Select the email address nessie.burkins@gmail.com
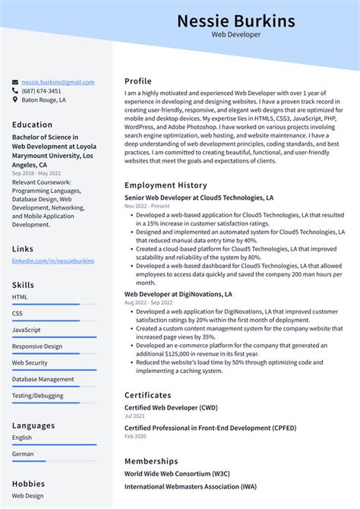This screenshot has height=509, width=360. point(58,82)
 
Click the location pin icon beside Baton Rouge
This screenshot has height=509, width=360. point(15,100)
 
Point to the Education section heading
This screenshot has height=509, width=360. point(33,125)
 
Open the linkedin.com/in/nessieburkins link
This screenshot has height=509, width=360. point(53,261)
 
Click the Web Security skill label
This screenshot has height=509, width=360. point(30,363)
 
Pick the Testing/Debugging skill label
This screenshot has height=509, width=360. point(38,396)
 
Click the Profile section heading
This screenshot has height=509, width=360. point(138,81)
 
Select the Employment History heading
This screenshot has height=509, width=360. point(166,185)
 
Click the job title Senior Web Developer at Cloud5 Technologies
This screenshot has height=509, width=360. point(199,198)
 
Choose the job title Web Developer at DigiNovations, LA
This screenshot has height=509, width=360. point(178,294)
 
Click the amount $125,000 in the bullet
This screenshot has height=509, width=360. point(180,353)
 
